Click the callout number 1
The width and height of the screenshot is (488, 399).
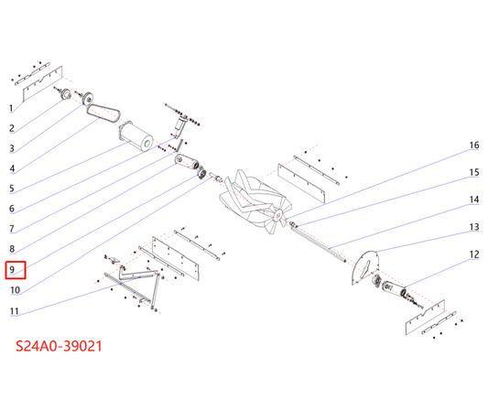pyautogui.click(x=11, y=108)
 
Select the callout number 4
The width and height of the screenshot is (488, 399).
pyautogui.click(x=12, y=168)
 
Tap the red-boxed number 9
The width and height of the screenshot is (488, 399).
pyautogui.click(x=12, y=269)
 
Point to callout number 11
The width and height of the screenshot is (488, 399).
pyautogui.click(x=15, y=311)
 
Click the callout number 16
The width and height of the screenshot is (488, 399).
pyautogui.click(x=474, y=145)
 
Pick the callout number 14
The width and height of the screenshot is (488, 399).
pyautogui.click(x=474, y=199)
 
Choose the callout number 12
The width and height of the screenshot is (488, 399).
pyautogui.click(x=474, y=254)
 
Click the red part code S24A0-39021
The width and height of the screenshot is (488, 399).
pyautogui.click(x=59, y=346)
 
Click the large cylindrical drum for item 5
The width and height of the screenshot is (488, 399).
pyautogui.click(x=136, y=137)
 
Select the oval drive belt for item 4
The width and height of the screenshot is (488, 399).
pyautogui.click(x=103, y=113)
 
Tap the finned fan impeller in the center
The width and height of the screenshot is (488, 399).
pyautogui.click(x=255, y=202)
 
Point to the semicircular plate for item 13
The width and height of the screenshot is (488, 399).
pyautogui.click(x=365, y=268)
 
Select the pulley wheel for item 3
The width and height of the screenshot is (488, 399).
pyautogui.click(x=88, y=98)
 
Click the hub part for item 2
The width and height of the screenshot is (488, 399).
pyautogui.click(x=66, y=93)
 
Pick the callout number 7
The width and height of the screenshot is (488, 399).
pyautogui.click(x=12, y=229)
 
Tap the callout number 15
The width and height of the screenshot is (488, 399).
pyautogui.click(x=474, y=172)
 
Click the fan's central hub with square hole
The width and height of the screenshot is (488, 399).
pyautogui.click(x=278, y=214)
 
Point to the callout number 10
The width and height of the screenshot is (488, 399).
pyautogui.click(x=15, y=290)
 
